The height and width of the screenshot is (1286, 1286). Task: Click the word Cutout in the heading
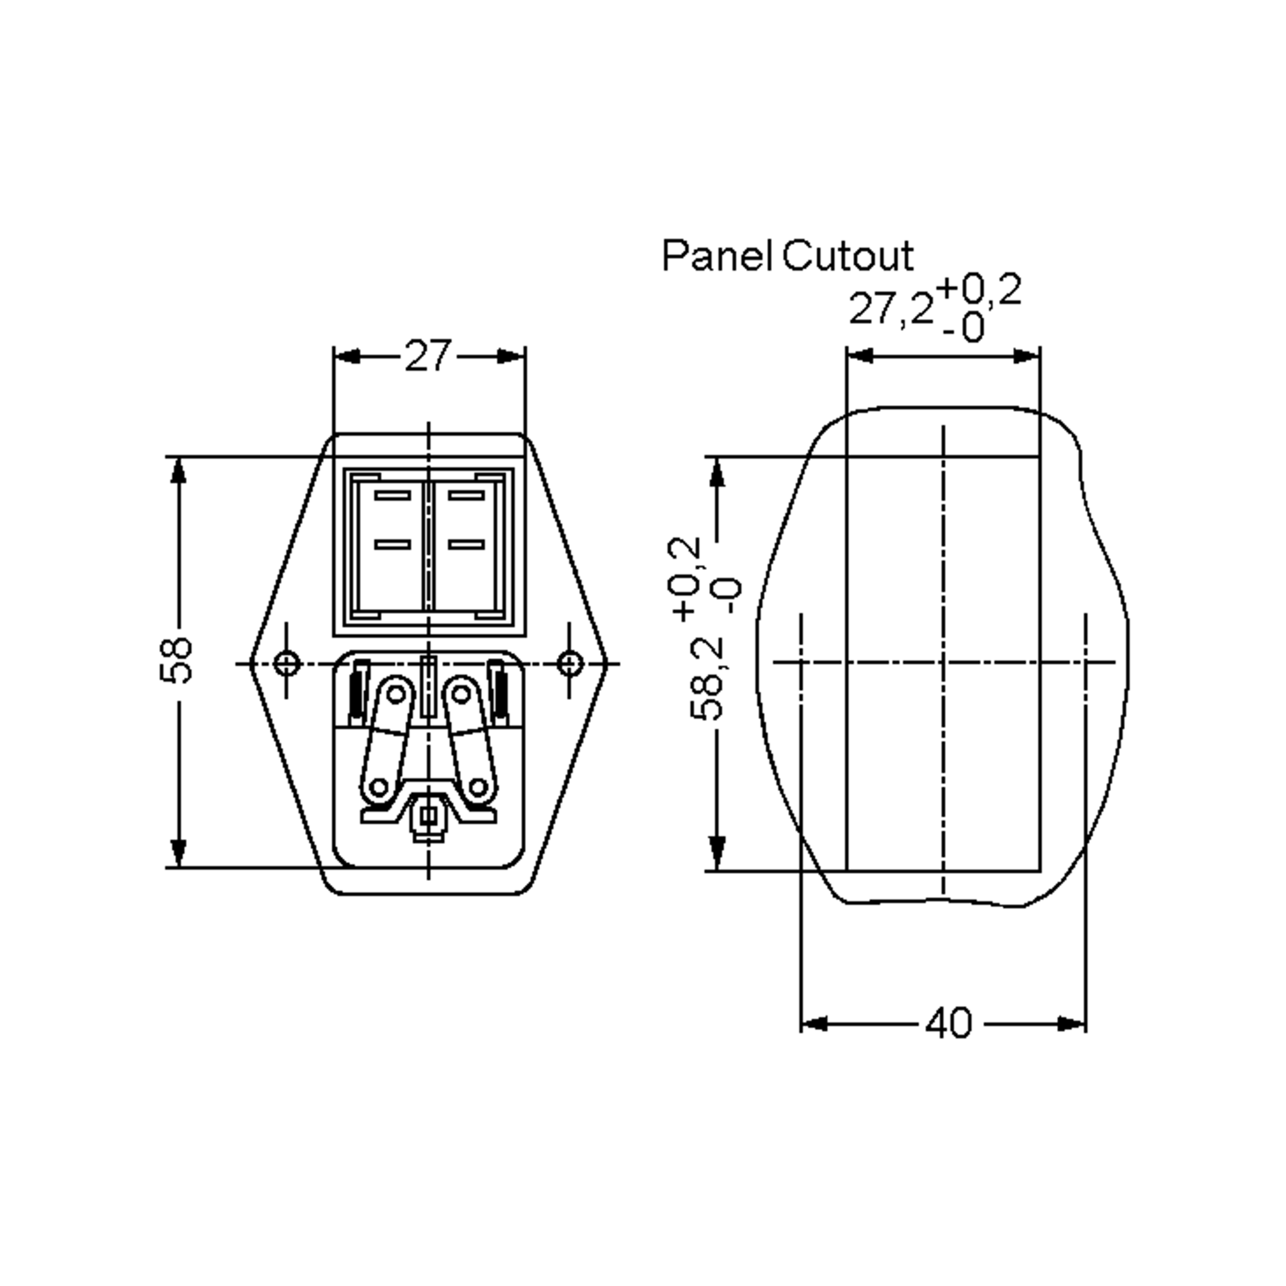tap(847, 256)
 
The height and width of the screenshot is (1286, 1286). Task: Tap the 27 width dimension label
tap(428, 356)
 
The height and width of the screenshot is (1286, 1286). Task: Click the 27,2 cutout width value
tap(891, 310)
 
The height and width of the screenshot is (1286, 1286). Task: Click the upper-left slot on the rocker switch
tap(393, 495)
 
